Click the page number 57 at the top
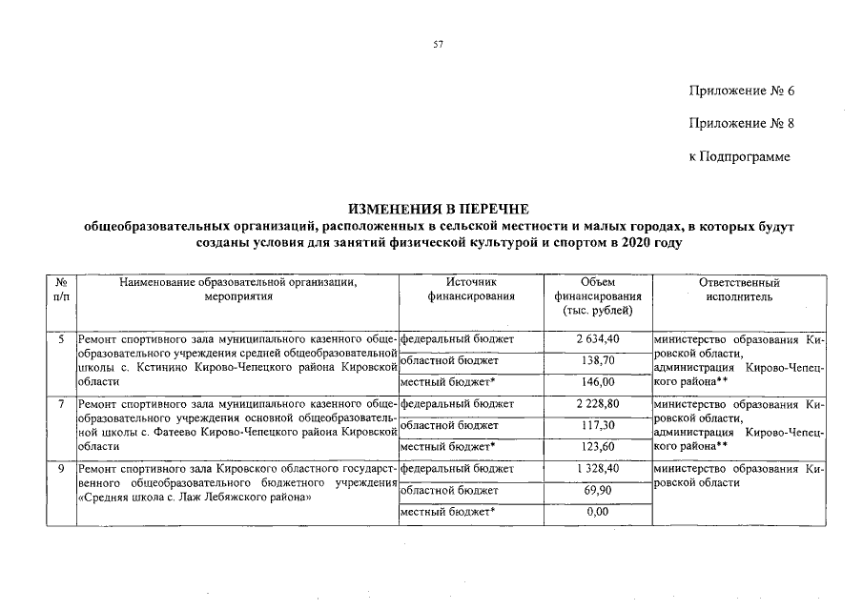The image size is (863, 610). click(438, 44)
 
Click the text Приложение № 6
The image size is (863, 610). click(741, 91)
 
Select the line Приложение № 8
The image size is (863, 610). click(741, 123)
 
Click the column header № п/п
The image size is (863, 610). click(60, 290)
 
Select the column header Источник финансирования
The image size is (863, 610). click(471, 290)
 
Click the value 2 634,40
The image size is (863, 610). click(597, 339)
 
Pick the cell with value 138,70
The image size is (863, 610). click(597, 361)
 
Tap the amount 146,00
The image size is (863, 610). click(597, 382)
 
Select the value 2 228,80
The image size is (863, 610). click(597, 404)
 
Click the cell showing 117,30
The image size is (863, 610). click(597, 425)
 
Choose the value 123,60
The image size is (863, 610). click(597, 447)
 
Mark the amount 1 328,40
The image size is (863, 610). click(597, 469)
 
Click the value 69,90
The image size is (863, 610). click(597, 491)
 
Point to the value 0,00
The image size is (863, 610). click(597, 513)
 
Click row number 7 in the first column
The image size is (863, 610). click(60, 404)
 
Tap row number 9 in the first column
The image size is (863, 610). click(60, 469)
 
